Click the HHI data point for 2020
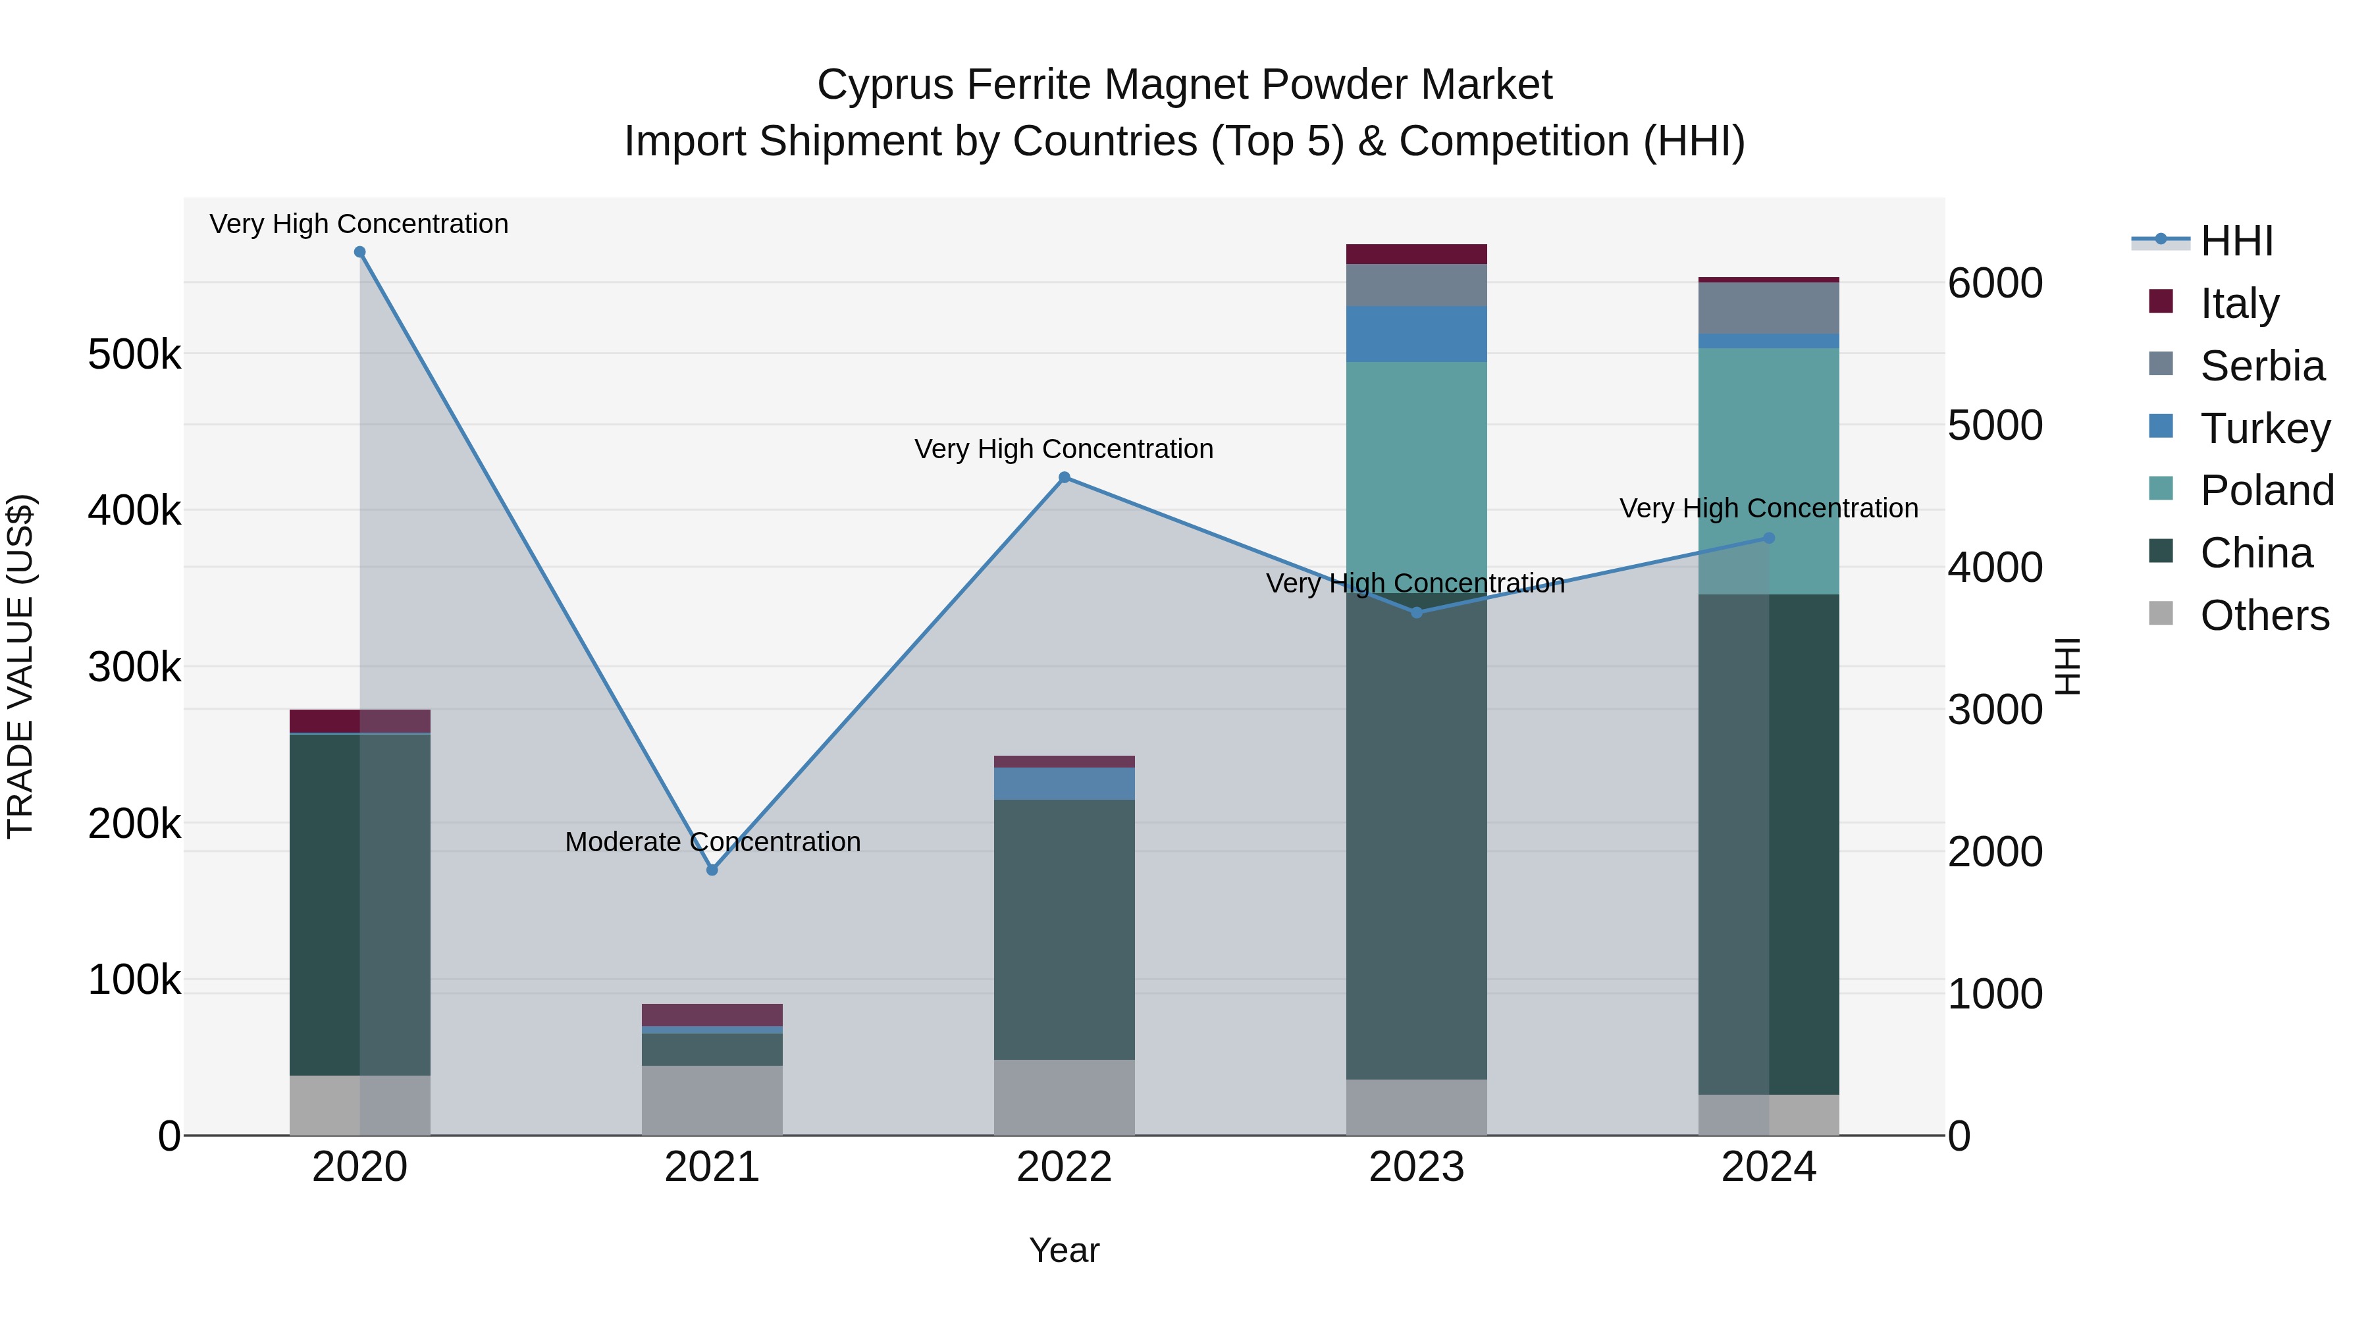359,252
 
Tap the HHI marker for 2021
712,870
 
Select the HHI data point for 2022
1065,477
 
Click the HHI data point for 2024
1768,538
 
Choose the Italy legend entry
2240,303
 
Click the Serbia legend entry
2261,366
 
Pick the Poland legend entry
2266,490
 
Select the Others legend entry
2264,615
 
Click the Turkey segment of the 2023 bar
1417,334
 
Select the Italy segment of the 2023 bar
1417,254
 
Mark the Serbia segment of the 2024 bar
1768,308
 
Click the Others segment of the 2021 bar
712,1100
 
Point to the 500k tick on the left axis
134,354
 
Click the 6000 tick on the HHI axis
1995,283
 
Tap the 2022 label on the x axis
1065,1167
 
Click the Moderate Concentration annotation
712,842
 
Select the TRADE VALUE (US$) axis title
21,666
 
